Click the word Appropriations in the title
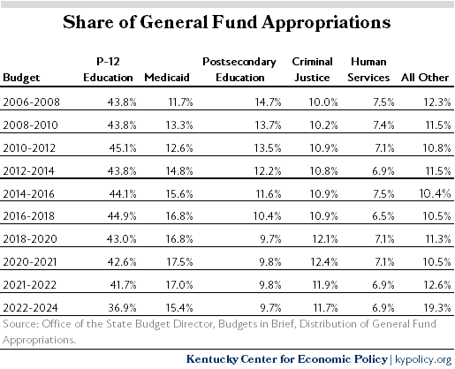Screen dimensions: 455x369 pos(326,23)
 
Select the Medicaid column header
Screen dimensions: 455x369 pos(167,78)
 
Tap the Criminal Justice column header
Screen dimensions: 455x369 pos(312,70)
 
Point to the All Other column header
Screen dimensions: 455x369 pos(425,78)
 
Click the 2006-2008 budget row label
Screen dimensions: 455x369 pos(31,102)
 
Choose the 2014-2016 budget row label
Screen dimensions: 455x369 pos(29,194)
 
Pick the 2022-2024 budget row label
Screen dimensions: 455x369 pos(30,308)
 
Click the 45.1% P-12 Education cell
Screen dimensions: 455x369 pos(123,147)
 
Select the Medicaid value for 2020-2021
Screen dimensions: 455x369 pos(179,261)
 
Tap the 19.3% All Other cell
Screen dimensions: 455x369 pos(437,308)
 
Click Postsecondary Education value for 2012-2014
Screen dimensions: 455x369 pos(268,171)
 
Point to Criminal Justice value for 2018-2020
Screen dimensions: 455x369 pos(325,238)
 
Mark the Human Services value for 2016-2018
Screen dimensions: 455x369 pos(383,216)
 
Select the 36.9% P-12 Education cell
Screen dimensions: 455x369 pos(122,308)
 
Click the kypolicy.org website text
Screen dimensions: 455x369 pos(423,359)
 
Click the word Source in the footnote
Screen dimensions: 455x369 pos(21,324)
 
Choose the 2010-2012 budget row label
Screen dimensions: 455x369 pos(29,147)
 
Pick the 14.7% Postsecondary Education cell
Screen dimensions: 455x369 pos(268,102)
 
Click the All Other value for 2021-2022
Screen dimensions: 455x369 pos(437,285)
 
